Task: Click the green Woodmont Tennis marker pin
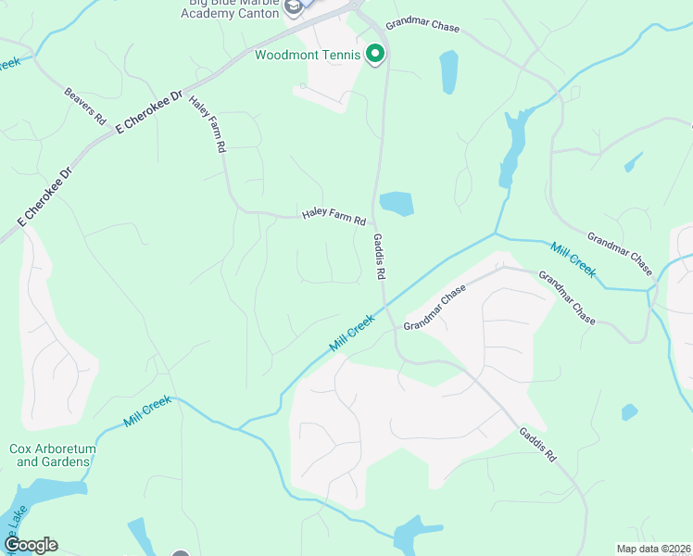375,55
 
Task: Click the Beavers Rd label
84,107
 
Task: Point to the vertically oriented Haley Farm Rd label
208,123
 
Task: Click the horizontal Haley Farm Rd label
334,218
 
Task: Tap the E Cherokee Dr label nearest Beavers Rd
147,113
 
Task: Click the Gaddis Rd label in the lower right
537,444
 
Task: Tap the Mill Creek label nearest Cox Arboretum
147,411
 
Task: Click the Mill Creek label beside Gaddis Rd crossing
351,333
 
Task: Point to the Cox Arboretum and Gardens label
52,455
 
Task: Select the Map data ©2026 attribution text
652,549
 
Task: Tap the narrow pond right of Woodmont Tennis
449,72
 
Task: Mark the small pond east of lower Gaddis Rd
629,411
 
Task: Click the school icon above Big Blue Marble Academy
294,7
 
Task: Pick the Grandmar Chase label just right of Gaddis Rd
434,308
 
